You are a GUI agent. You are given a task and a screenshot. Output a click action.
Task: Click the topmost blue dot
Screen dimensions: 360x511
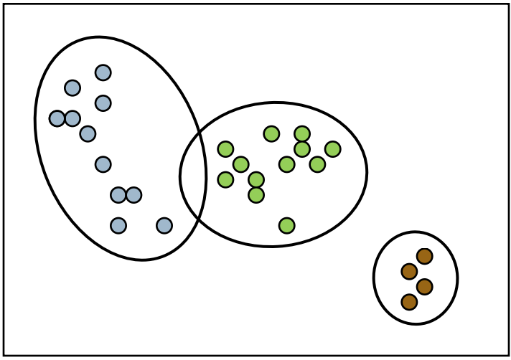tap(103, 72)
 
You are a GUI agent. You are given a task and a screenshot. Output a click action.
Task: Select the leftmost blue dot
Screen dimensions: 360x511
tap(57, 118)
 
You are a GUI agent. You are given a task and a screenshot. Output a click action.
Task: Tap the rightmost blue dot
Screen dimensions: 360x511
tap(164, 225)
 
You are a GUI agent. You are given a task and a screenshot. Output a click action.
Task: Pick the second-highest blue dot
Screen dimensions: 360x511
tap(72, 87)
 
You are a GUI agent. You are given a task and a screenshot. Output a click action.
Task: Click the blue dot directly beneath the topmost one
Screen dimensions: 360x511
tap(103, 103)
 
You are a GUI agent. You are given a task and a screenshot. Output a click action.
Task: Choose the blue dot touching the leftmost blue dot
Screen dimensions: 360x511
tap(72, 118)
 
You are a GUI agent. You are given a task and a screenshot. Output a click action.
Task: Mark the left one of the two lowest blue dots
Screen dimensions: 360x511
tap(118, 225)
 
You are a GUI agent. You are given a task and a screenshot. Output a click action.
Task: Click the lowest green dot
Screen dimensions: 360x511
tap(286, 225)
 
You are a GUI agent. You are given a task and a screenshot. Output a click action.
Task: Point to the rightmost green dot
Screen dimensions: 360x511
tap(332, 149)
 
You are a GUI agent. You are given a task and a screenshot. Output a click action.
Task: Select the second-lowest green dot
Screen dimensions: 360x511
tap(256, 194)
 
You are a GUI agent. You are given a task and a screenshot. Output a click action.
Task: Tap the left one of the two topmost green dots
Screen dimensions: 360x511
tap(271, 133)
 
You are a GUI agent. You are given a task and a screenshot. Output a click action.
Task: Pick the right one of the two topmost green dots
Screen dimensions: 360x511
tap(302, 133)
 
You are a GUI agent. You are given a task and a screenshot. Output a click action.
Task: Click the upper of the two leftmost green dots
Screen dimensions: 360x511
tap(225, 149)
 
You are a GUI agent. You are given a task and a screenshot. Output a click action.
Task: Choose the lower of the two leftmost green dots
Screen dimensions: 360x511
tap(225, 179)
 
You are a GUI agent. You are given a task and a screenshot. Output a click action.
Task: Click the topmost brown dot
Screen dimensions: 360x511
tap(424, 256)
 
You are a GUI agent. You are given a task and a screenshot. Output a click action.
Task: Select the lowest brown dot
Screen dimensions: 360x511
tap(409, 302)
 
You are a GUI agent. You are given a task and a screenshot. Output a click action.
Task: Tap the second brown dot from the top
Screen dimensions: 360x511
tap(409, 271)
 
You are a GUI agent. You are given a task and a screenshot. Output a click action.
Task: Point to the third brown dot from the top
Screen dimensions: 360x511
tap(424, 287)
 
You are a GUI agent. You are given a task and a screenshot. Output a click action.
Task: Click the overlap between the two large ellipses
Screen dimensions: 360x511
tap(193, 179)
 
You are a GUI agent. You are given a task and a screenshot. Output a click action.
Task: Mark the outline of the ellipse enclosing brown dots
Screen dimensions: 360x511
tap(457, 278)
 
